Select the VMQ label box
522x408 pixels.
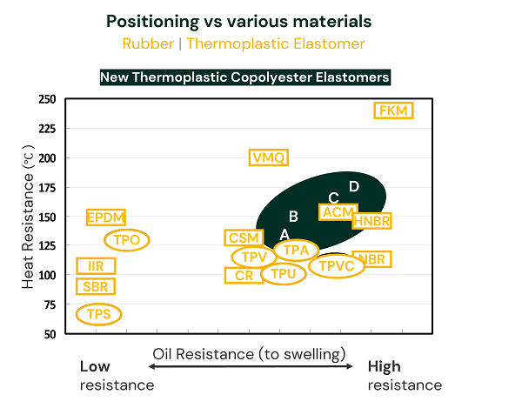(x=268, y=157)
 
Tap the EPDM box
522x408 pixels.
(x=106, y=217)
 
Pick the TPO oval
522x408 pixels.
(x=127, y=240)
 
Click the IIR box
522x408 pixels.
(x=96, y=266)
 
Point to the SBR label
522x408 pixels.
(x=96, y=287)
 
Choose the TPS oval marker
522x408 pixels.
(x=98, y=314)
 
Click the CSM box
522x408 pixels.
(x=243, y=238)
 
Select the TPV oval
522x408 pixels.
(x=253, y=258)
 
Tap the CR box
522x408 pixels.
(x=244, y=276)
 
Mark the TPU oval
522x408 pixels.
(x=284, y=274)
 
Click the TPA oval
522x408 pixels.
(x=297, y=251)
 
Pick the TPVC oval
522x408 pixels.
(x=337, y=266)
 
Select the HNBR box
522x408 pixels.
(x=371, y=221)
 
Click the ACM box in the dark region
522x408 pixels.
(x=338, y=212)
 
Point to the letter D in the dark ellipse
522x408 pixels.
(x=354, y=186)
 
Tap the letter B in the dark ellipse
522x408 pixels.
(x=294, y=216)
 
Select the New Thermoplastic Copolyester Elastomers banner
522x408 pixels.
(x=244, y=77)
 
